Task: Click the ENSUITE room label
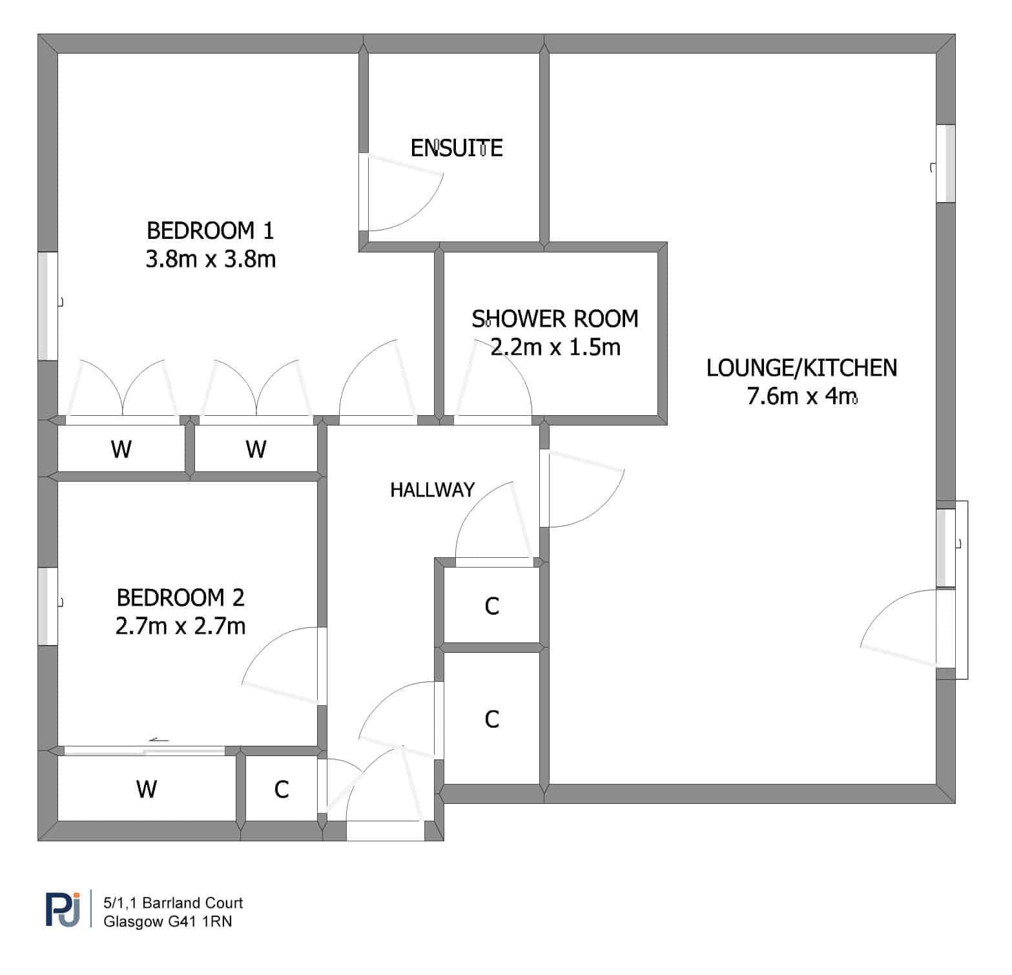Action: point(457,148)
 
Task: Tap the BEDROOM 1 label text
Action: point(211,230)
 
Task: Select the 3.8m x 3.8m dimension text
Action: point(211,259)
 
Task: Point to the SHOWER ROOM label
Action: point(555,318)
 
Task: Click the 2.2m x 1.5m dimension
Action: point(555,347)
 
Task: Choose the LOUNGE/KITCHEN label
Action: point(801,367)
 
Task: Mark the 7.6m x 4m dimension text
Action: point(802,396)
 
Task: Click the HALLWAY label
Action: point(432,489)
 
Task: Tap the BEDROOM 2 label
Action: point(181,597)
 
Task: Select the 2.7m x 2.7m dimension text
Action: point(181,626)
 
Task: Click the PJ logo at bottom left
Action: point(63,908)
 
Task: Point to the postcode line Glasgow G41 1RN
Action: point(168,921)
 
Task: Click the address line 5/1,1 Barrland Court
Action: point(173,903)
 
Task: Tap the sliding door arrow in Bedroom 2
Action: point(159,740)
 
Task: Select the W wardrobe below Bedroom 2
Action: point(147,788)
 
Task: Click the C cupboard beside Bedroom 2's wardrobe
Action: point(282,789)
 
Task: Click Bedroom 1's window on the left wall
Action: point(48,305)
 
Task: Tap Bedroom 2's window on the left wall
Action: point(48,606)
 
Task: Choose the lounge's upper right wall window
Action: point(945,163)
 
